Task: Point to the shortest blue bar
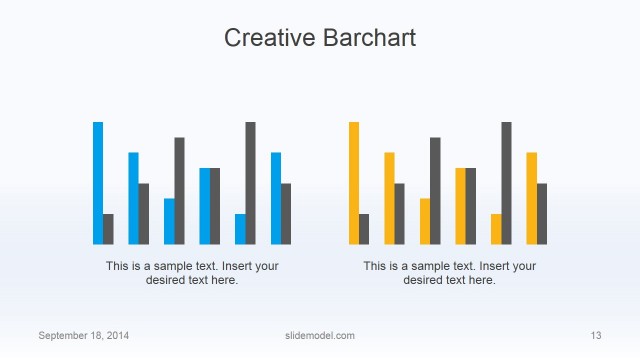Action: click(x=240, y=229)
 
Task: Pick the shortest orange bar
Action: click(x=496, y=229)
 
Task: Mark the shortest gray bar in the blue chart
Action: click(x=108, y=229)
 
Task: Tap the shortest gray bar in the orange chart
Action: click(x=364, y=229)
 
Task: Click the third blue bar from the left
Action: click(x=169, y=221)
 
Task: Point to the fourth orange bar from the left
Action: click(x=460, y=206)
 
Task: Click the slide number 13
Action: click(x=596, y=335)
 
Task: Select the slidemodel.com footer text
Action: click(x=313, y=335)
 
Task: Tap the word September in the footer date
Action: click(x=63, y=335)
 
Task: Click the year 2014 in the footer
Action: click(x=115, y=335)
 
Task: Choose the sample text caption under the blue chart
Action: click(x=192, y=273)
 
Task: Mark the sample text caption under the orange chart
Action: click(x=449, y=273)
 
